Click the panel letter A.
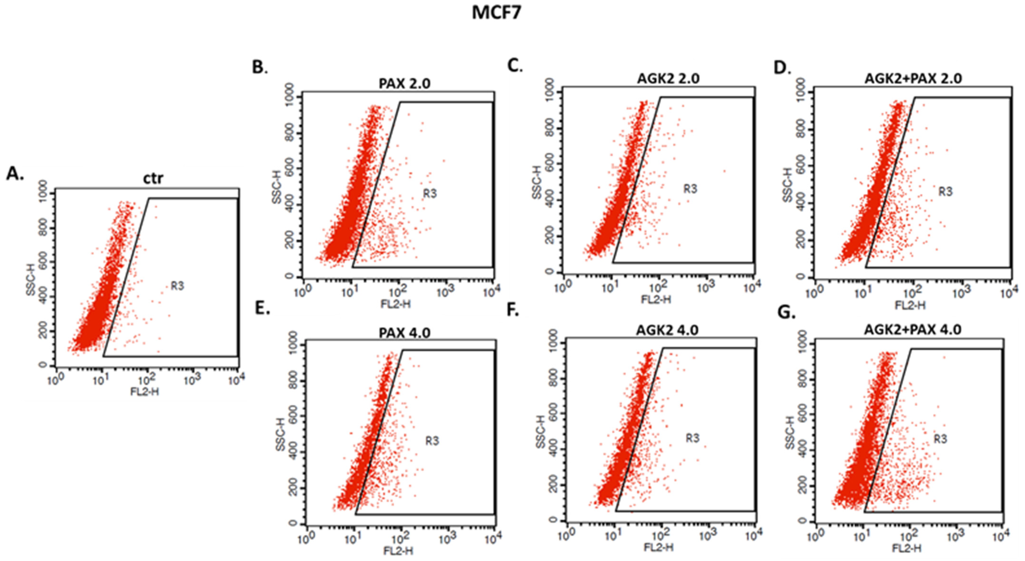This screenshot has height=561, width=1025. click(x=15, y=174)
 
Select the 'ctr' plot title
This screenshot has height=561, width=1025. click(x=153, y=179)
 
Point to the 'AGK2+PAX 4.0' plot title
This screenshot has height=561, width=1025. click(x=912, y=329)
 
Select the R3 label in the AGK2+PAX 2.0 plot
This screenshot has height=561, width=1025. click(x=945, y=192)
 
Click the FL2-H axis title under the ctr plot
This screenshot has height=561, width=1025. click(x=144, y=392)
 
